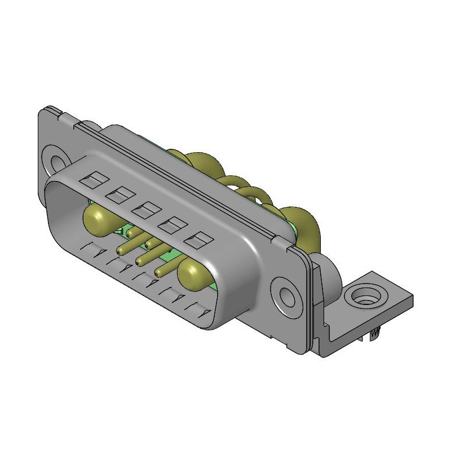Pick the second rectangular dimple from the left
point(118,196)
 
